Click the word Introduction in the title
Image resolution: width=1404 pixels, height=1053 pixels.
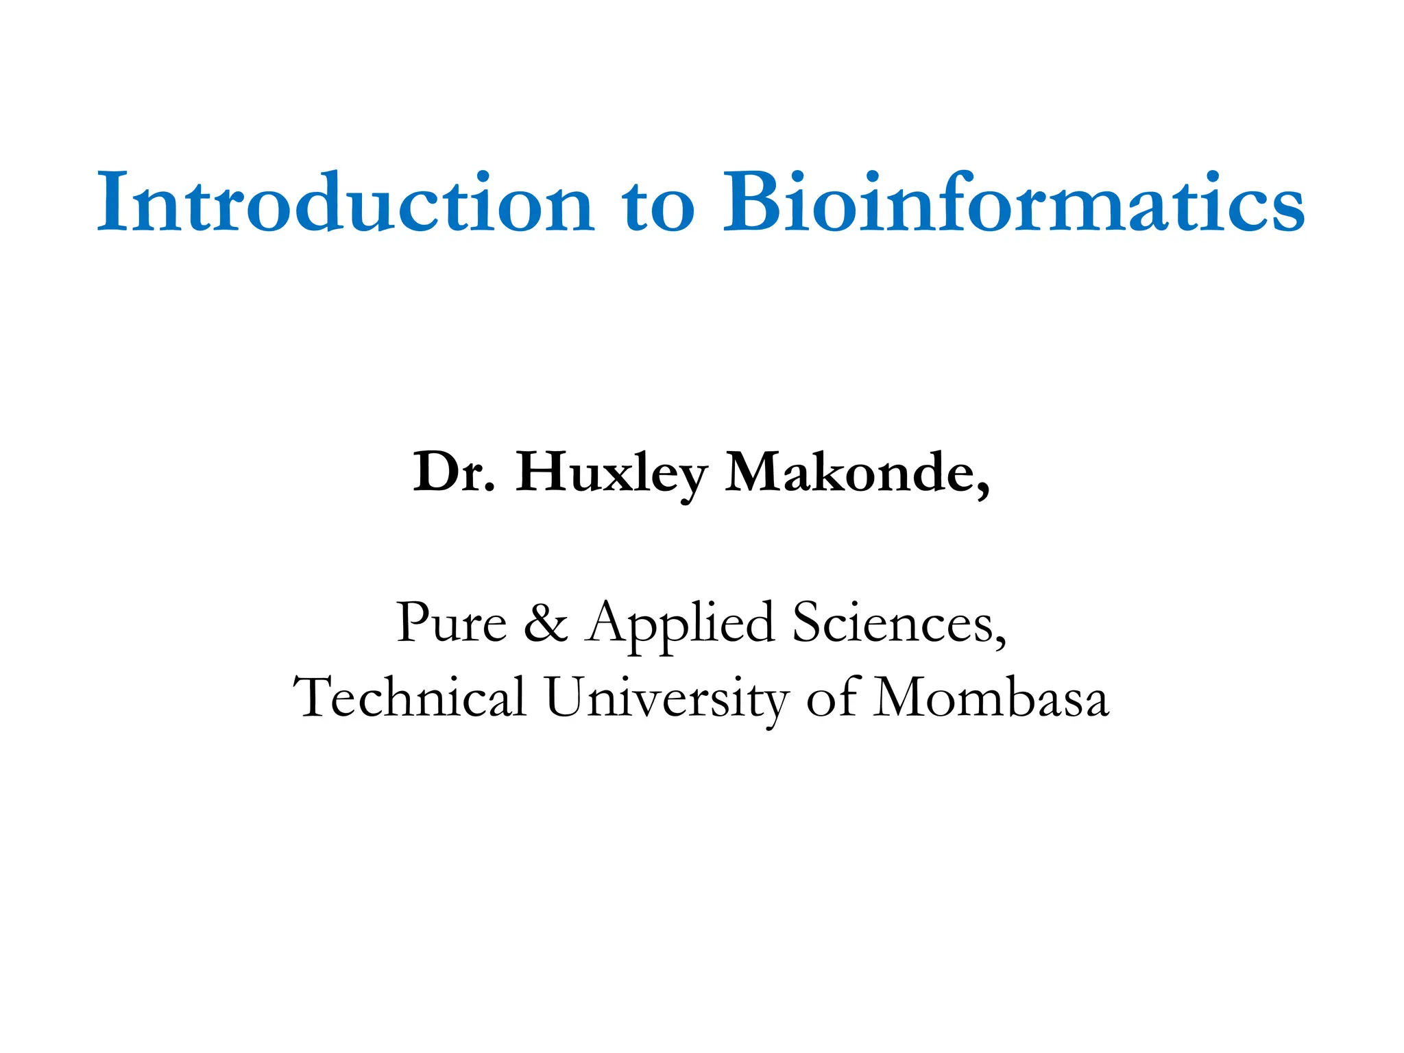345,203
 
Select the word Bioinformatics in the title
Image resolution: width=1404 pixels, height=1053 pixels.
1014,203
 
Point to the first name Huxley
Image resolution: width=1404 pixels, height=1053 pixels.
611,474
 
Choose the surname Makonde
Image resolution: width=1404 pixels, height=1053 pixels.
849,472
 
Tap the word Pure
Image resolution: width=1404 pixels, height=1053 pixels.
451,622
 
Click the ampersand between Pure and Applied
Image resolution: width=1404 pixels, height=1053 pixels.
546,622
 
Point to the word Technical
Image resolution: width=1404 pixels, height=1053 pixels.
409,697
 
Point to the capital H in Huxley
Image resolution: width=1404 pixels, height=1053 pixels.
543,472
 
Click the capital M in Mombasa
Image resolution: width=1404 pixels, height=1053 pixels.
904,697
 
